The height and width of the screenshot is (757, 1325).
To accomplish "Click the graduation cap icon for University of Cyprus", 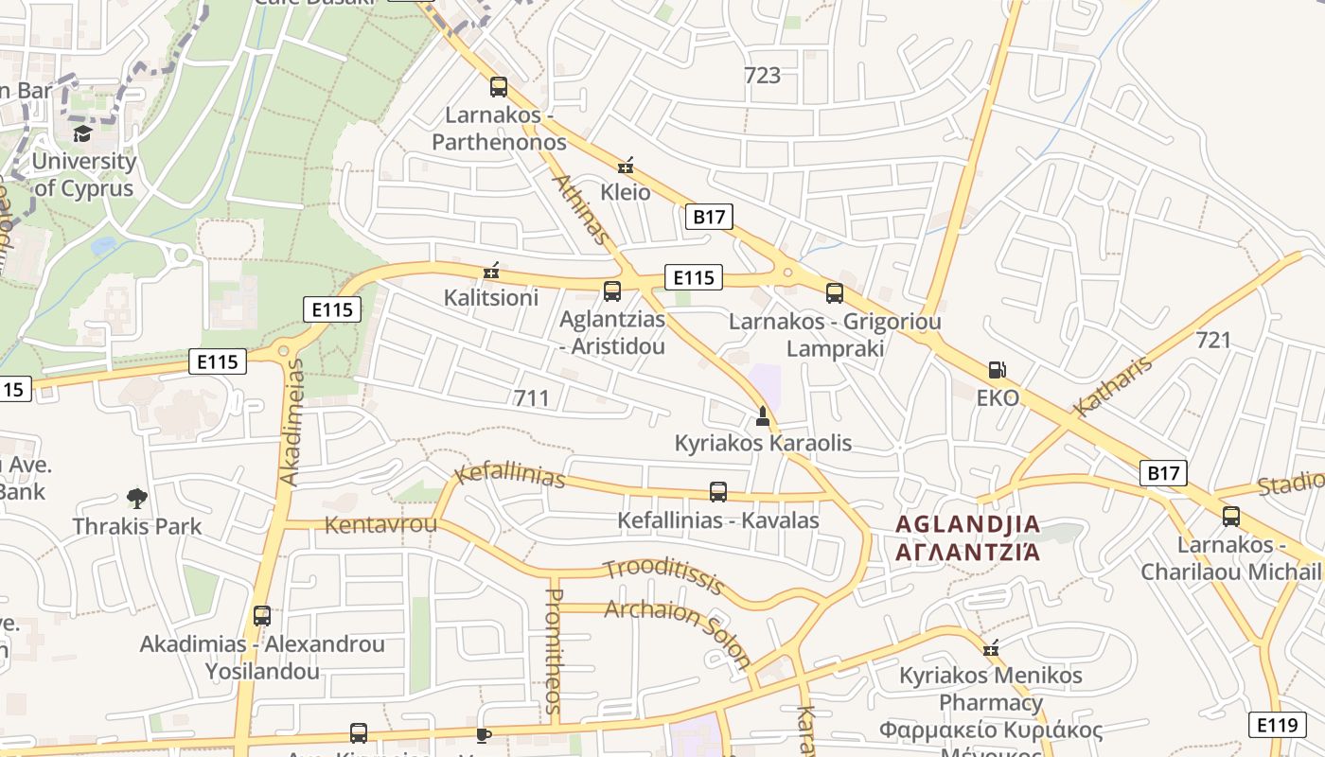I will point(82,132).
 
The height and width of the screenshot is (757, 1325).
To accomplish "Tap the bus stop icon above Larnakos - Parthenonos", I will point(499,87).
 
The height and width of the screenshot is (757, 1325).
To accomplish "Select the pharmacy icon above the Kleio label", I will point(625,167).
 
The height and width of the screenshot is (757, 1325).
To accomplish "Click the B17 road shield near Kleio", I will point(709,217).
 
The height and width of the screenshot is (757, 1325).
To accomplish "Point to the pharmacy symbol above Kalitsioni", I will point(491,272).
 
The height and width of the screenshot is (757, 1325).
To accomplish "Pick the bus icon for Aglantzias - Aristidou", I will point(612,290).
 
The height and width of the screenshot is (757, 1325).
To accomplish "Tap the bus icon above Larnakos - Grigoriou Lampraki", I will point(834,293).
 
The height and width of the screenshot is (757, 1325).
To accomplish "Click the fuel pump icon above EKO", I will point(997,370).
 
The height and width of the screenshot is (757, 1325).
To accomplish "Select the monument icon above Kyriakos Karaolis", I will point(763,415).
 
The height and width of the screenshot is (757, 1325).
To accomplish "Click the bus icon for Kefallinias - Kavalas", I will point(718,492).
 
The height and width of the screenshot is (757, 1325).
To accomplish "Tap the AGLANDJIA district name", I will point(967,524).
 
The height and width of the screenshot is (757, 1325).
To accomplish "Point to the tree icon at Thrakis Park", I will point(137,498).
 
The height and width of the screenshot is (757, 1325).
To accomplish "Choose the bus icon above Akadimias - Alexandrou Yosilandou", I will point(262,616).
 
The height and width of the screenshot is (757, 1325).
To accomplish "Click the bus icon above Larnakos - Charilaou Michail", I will point(1230,517).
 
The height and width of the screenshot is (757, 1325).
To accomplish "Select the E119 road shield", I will point(1278,725).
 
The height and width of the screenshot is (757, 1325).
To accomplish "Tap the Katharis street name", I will point(1113,386).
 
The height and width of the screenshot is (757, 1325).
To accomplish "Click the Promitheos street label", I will point(555,651).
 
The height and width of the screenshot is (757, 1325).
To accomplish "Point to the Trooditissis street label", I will point(664,575).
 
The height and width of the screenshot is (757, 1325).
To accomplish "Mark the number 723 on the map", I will point(762,75).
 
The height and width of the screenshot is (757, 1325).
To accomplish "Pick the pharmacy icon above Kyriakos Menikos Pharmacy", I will point(991,649).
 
